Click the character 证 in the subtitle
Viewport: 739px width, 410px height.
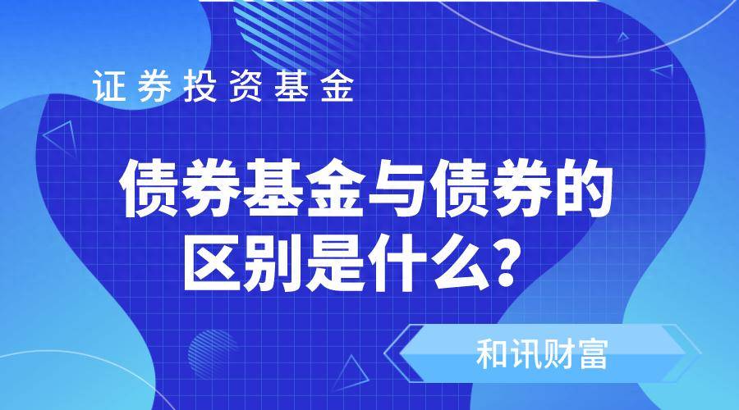point(109,85)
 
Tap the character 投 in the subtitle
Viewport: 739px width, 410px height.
point(200,85)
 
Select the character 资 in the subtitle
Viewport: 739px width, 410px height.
point(246,85)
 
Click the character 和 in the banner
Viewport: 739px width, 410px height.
point(492,354)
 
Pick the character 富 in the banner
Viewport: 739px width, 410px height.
point(592,354)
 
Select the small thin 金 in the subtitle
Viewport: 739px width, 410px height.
point(337,85)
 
